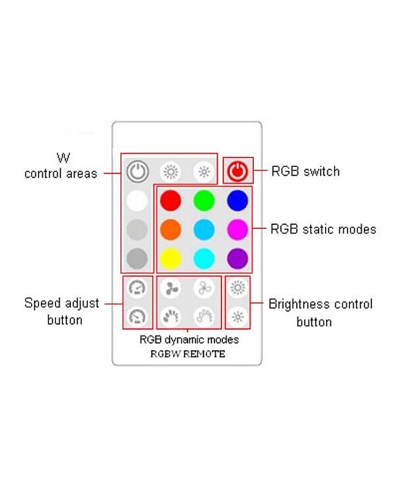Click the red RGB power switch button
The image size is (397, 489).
coord(237,172)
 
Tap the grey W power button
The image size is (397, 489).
coord(137,172)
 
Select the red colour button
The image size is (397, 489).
coord(170,200)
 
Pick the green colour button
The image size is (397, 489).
coord(204,200)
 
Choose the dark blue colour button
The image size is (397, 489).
coord(237,200)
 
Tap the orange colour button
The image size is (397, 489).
coord(170,230)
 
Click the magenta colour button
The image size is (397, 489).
coord(237,230)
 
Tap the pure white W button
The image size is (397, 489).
coord(137,200)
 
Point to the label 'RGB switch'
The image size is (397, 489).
coord(305,172)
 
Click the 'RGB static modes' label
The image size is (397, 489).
coord(323,230)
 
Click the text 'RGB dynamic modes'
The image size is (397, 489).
coord(189,339)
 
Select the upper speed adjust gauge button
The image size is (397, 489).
coord(137,288)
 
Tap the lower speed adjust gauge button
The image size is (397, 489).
coord(137,316)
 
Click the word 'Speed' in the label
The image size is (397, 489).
coord(42,303)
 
